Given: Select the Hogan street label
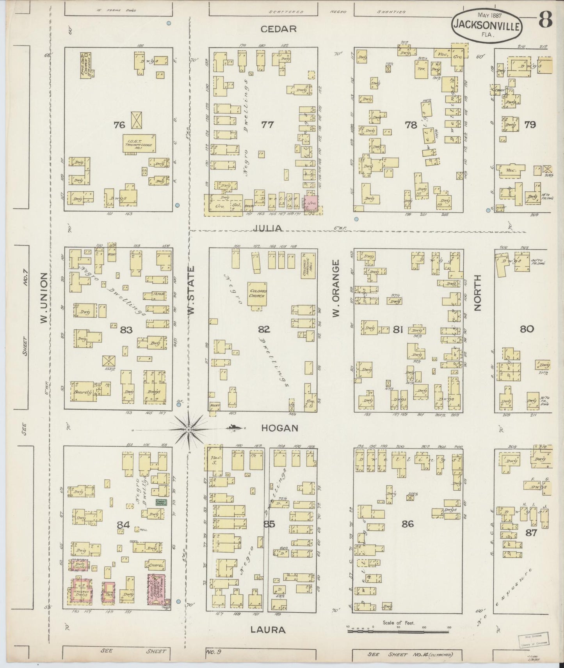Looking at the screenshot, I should point(279,428).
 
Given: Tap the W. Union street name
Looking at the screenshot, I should point(44,298).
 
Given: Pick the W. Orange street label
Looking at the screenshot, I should point(337,289).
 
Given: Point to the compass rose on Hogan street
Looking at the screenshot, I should point(189,429).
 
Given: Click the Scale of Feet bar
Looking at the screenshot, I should point(398,628).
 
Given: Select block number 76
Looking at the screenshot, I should point(119,125).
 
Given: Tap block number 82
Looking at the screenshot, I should point(264,329).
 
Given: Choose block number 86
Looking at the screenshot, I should point(408,524).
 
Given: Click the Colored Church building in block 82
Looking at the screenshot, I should point(257,294).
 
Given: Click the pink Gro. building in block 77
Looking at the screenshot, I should point(311,203).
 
